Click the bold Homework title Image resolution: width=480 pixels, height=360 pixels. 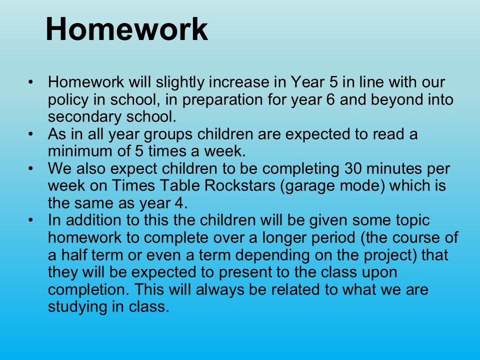pyautogui.click(x=126, y=29)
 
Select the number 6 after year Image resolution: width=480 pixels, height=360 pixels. pyautogui.click(x=330, y=100)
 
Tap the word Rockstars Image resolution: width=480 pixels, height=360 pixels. pyautogui.click(x=239, y=185)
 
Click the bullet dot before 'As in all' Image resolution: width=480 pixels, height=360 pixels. pyautogui.click(x=30, y=134)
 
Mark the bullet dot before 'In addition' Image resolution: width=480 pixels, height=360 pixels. pyautogui.click(x=30, y=220)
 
